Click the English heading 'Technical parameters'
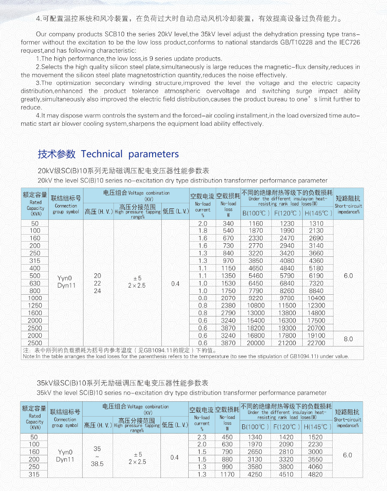130,154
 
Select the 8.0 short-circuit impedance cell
348,339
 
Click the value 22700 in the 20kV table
316,343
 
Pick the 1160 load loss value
256,223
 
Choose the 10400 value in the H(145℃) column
316,298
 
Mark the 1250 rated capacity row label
35,306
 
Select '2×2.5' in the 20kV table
137,286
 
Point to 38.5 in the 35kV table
97,464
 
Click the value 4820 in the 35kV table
315,474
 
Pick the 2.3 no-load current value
202,437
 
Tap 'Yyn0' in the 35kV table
65,452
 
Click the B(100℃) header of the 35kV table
255,427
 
